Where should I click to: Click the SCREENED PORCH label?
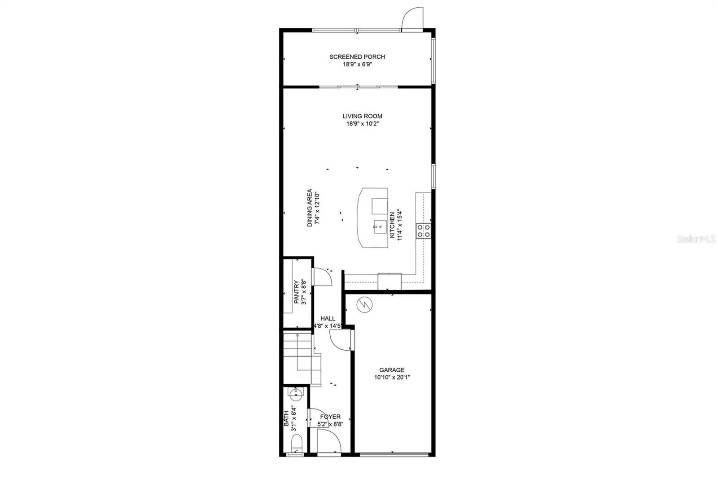(357, 57)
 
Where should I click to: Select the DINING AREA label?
(310, 209)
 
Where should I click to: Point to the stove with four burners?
(423, 230)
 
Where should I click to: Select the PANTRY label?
(296, 292)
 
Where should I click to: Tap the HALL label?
(328, 318)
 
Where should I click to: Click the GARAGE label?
(392, 370)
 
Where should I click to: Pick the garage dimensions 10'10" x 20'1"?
(392, 378)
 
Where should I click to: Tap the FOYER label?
(330, 417)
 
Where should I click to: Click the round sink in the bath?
(295, 395)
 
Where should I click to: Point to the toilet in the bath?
(296, 447)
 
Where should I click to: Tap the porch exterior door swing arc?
(412, 18)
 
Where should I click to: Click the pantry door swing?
(322, 277)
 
